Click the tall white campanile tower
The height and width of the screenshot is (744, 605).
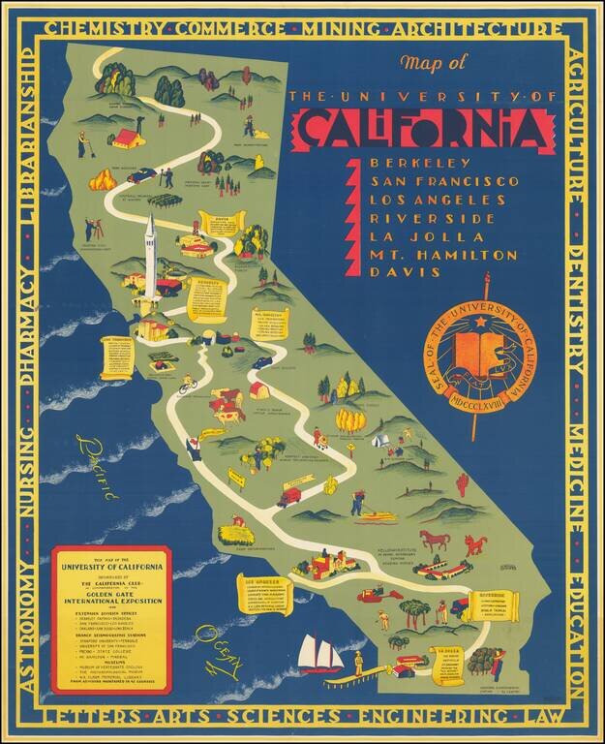150,257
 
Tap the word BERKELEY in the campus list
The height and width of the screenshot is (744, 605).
407,162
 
